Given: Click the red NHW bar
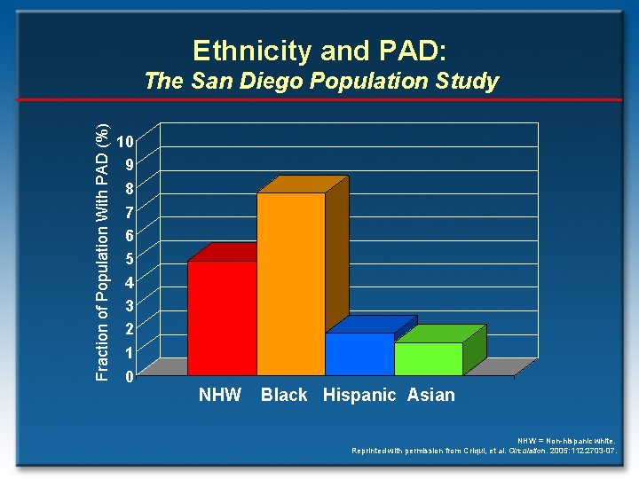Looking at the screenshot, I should tap(222, 317).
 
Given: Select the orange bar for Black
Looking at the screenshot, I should tap(290, 283).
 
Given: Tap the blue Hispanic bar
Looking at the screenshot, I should tap(359, 353).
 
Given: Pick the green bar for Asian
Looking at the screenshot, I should tap(428, 357).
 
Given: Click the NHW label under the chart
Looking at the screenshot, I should tap(220, 395).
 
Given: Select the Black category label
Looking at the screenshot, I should tap(284, 395).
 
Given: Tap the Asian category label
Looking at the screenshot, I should tap(430, 395).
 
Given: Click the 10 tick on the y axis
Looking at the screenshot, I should tap(126, 141).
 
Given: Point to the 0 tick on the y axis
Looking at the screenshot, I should tap(130, 377).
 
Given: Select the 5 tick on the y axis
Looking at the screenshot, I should tap(130, 259).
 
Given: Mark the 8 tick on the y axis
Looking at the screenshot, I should tap(130, 188).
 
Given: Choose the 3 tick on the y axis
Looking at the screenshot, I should tap(130, 306).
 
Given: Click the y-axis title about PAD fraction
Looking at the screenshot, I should tap(103, 254).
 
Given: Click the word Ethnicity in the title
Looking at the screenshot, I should tap(243, 51).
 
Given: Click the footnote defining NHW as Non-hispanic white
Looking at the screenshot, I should tap(567, 440).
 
